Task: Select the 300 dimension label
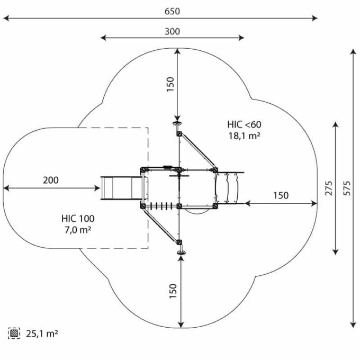[172, 31]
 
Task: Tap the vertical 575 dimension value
[347, 188]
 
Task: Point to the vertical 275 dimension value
[329, 188]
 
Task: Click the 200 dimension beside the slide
[51, 180]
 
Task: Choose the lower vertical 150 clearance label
[173, 291]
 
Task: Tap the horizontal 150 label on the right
[281, 195]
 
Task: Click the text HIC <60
[244, 124]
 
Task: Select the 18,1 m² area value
[244, 136]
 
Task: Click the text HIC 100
[77, 218]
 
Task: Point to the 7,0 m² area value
[77, 229]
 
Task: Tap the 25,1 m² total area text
[41, 334]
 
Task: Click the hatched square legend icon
[14, 334]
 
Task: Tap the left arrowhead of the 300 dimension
[102, 38]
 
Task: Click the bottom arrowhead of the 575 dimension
[354, 324]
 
